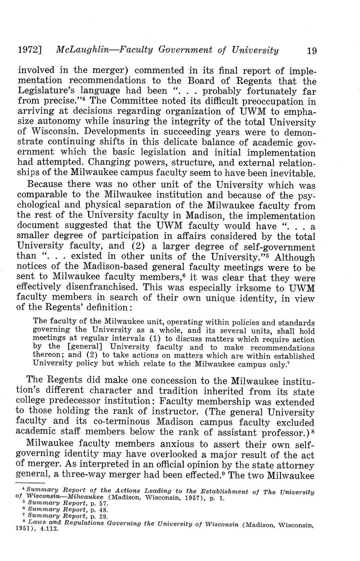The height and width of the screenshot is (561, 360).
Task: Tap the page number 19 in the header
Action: (x=312, y=50)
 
